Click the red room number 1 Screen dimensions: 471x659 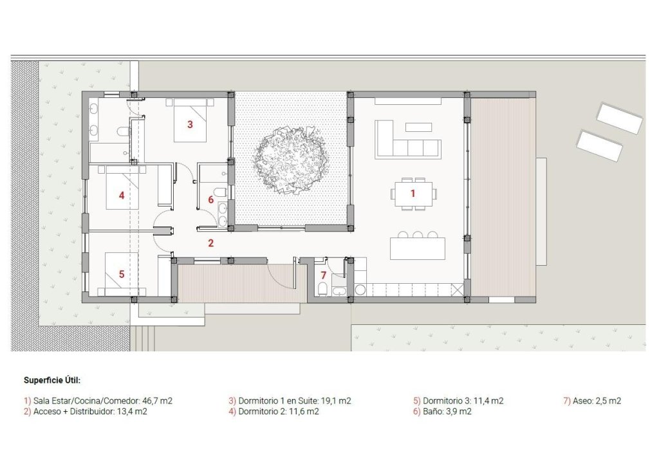click(x=413, y=192)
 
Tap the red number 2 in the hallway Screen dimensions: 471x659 click(x=210, y=243)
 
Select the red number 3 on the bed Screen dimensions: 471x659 click(x=190, y=124)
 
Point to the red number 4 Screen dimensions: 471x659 click(x=121, y=196)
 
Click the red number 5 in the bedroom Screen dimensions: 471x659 click(x=121, y=273)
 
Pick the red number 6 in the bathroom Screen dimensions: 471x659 click(x=210, y=199)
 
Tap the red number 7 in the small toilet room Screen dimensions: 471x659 click(x=324, y=275)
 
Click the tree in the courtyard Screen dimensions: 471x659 click(x=291, y=158)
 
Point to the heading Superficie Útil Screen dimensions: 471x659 click(x=52, y=380)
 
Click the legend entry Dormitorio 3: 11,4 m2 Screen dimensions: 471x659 click(x=458, y=401)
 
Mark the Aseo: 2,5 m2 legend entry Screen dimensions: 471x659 click(x=592, y=401)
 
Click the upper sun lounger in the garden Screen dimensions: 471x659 click(x=619, y=118)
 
